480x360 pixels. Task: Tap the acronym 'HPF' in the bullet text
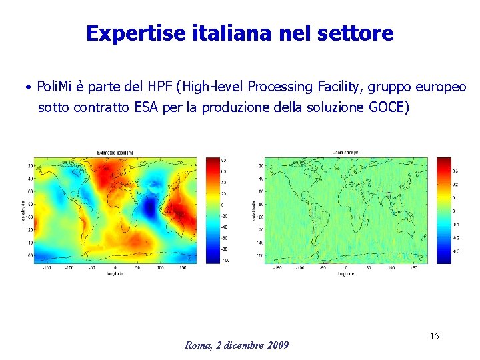click(x=156, y=86)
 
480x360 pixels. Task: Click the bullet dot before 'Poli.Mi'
click(x=29, y=87)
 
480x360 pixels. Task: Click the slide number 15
click(x=434, y=336)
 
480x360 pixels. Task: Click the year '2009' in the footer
click(x=277, y=345)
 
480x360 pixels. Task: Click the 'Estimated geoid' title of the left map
click(x=115, y=153)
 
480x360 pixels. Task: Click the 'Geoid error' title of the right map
click(x=347, y=153)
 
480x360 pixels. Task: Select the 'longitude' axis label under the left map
click(x=115, y=273)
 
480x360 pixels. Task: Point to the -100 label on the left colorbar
click(x=225, y=260)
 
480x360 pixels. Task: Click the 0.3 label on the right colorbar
click(x=456, y=171)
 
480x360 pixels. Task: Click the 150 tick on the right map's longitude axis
click(x=415, y=268)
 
